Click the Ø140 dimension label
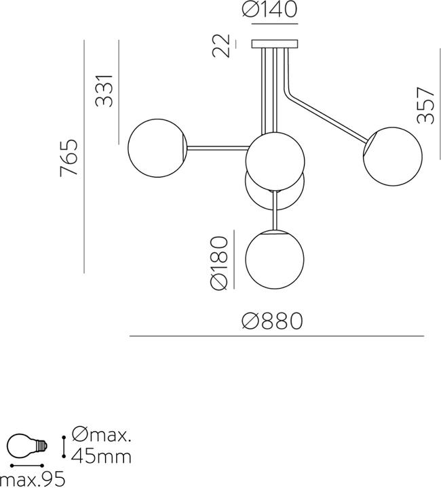[x=270, y=9]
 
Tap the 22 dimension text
[x=220, y=45]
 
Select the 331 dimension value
[x=104, y=91]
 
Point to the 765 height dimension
[x=69, y=158]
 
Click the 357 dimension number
[x=425, y=106]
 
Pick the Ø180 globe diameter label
[x=219, y=263]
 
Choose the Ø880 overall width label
[x=272, y=321]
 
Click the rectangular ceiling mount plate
[x=274, y=44]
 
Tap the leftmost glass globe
[x=157, y=148]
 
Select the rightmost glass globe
[x=393, y=157]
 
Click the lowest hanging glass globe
[x=274, y=260]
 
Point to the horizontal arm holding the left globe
[x=218, y=148]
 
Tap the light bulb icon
[x=27, y=446]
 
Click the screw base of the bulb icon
[x=42, y=446]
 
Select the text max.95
[x=33, y=479]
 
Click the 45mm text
[x=101, y=457]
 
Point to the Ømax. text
[x=101, y=434]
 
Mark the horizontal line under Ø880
[x=277, y=336]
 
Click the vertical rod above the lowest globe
[x=275, y=211]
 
